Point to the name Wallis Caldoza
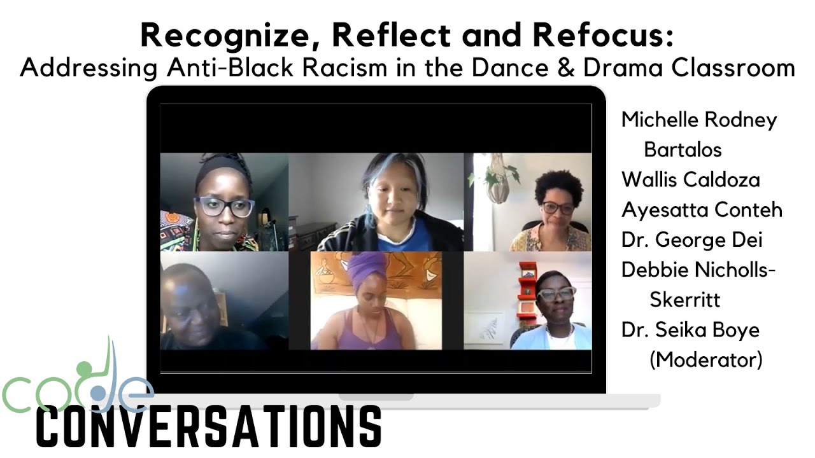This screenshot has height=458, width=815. point(690,179)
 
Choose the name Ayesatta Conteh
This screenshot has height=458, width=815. point(702,210)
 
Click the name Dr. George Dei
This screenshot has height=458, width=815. point(691,240)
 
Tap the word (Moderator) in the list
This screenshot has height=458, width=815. point(705,359)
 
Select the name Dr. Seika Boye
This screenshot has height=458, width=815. point(690,330)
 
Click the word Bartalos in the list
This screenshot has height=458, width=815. point(683,149)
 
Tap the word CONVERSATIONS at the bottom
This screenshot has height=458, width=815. point(209,426)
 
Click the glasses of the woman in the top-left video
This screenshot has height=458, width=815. point(224,207)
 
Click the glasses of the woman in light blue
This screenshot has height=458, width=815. point(556,293)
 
